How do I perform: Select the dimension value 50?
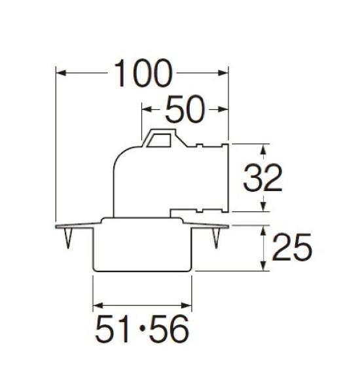coord(185,109)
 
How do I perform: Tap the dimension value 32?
coord(262,177)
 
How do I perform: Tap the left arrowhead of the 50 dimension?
coord(147,109)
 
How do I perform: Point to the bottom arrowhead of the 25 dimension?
coord(264,266)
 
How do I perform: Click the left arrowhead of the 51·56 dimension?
coord(99,305)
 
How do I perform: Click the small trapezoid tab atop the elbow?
coord(160,138)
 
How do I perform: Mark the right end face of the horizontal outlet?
coord(226,177)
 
